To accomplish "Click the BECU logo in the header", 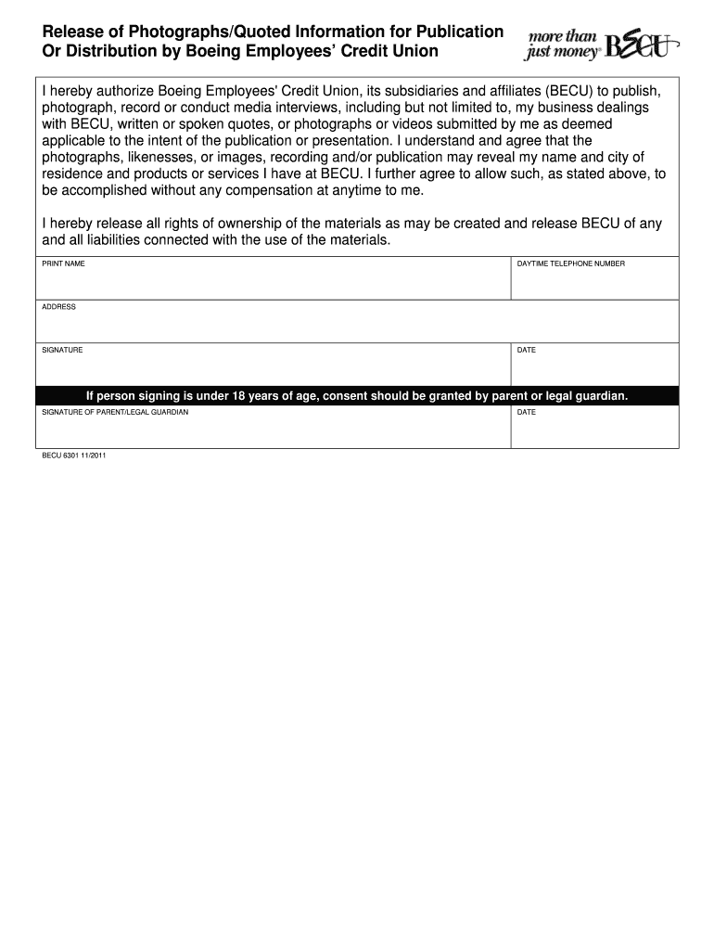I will point(642,43).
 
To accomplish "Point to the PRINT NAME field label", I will point(64,263).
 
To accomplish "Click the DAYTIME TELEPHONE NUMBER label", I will point(570,263).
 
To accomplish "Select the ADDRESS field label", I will point(59,307).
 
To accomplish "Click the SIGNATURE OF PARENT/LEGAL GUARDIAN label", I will point(116,412).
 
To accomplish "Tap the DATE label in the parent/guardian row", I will point(526,412).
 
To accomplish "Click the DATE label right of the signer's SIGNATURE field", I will point(526,350).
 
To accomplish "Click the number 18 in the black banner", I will point(239,396).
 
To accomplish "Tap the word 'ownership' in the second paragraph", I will point(229,224).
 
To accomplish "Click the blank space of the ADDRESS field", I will point(357,327).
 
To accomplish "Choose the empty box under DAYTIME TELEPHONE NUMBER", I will point(593,283).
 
